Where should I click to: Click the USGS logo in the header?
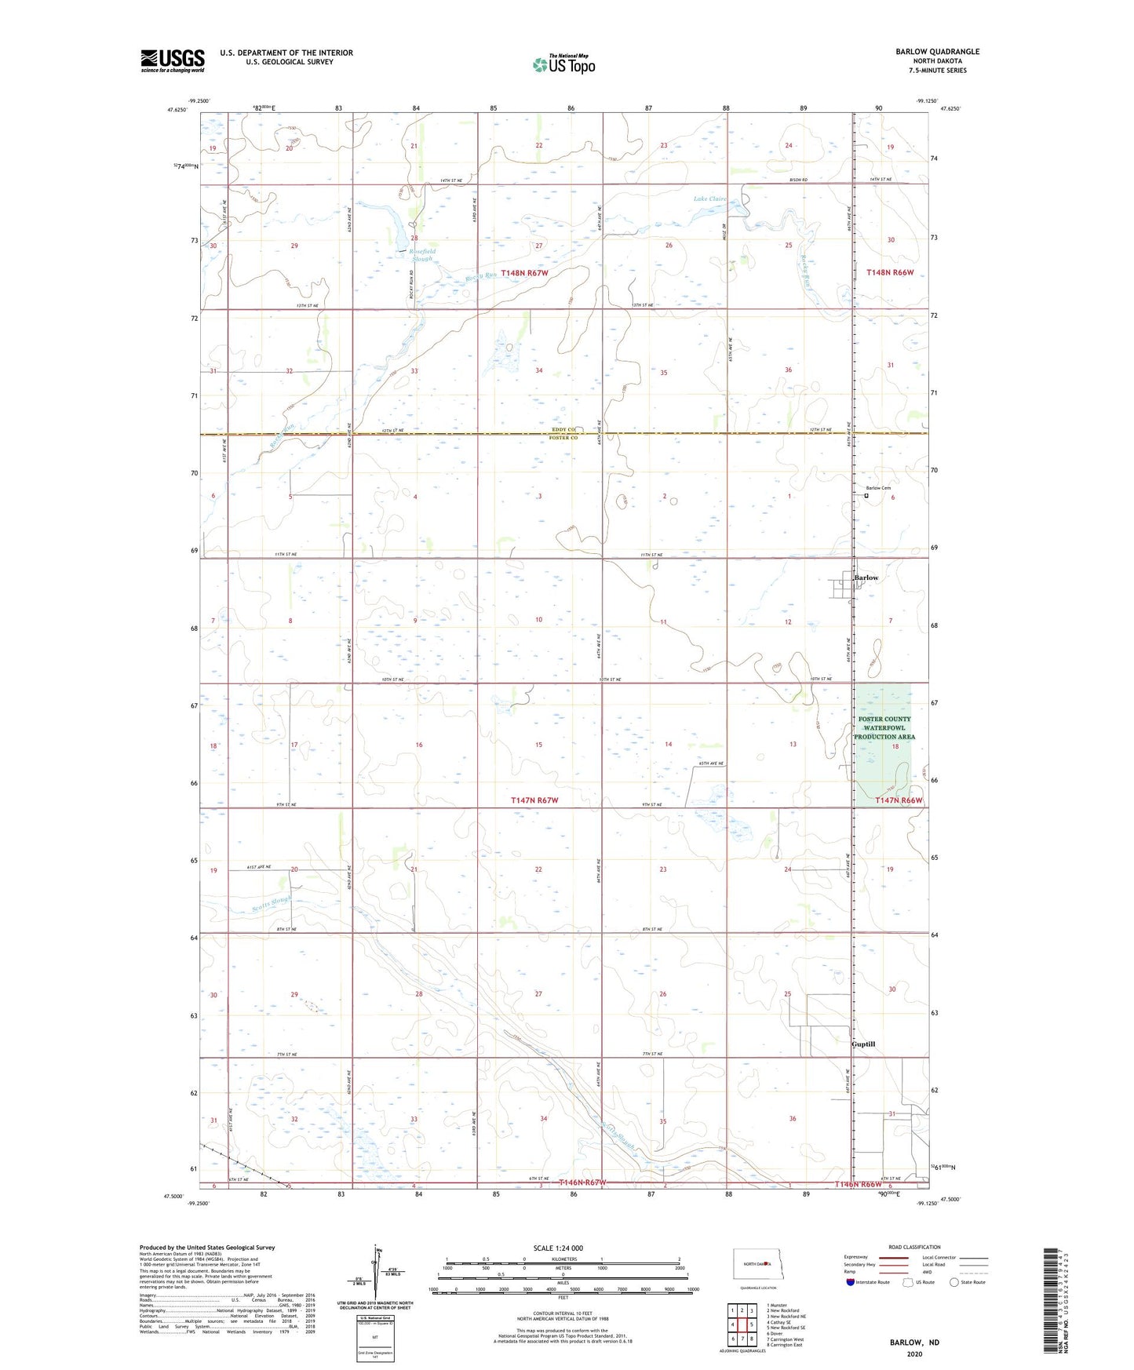pyautogui.click(x=172, y=60)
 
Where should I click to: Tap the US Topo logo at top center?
pyautogui.click(x=563, y=64)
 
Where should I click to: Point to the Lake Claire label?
pyautogui.click(x=709, y=199)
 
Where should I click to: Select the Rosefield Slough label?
pyautogui.click(x=421, y=255)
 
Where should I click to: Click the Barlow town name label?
pyautogui.click(x=866, y=578)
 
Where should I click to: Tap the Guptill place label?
pyautogui.click(x=863, y=1044)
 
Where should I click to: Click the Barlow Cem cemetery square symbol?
pyautogui.click(x=867, y=496)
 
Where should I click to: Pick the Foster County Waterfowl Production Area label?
pyautogui.click(x=884, y=728)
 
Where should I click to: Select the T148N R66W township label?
pyautogui.click(x=890, y=272)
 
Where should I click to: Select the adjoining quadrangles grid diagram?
pyautogui.click(x=742, y=1326)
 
